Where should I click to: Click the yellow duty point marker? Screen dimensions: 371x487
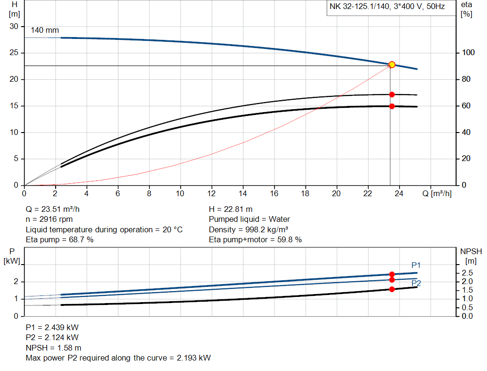coord(392,65)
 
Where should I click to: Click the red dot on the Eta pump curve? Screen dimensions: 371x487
coord(392,95)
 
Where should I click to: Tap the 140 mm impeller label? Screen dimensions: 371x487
coord(45,30)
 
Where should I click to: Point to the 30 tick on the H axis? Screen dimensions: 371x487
coord(14,27)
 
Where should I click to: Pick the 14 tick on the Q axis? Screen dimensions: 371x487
coord(243,194)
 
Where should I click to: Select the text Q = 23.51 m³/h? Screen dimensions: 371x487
coord(57,209)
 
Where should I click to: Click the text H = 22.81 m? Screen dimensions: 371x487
coord(231,209)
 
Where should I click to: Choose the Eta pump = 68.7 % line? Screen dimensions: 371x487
coord(59,240)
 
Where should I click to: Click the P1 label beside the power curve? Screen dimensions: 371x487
coord(416,265)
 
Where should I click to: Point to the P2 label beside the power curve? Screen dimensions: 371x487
coord(416,283)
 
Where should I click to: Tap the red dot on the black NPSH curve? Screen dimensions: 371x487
coord(392,289)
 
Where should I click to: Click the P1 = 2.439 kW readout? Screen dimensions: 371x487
coord(52,327)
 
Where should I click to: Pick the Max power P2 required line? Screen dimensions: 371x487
coord(118,358)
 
